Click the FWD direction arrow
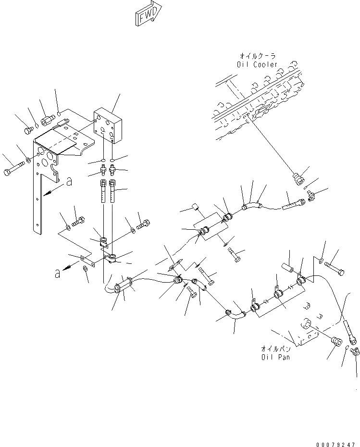[148, 15]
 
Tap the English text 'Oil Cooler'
[258, 64]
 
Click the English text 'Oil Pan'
[275, 357]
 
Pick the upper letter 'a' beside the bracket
[69, 182]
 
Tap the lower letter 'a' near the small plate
[58, 273]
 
